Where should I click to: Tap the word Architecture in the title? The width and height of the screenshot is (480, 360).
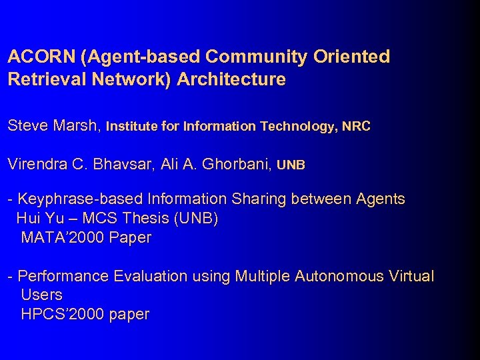[232, 79]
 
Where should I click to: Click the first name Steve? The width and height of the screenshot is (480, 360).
[27, 125]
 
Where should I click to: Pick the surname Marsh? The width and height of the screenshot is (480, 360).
[77, 125]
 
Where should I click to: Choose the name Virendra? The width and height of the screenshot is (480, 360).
[38, 164]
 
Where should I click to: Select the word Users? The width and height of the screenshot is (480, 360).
[41, 295]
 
